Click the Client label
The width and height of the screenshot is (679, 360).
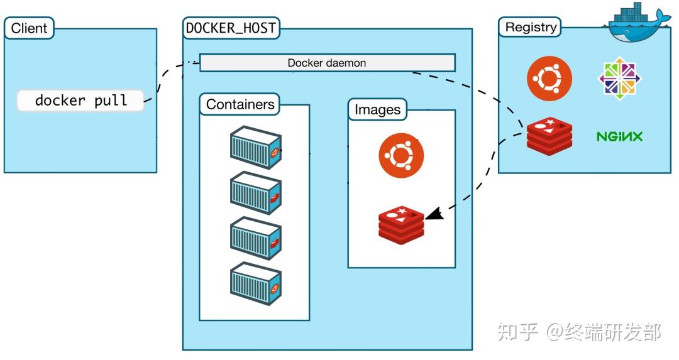point(29,28)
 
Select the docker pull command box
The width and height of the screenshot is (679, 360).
point(80,101)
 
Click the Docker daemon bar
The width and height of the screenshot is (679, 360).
point(327,63)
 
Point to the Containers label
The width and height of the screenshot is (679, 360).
point(240,104)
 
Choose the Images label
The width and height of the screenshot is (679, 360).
point(377,109)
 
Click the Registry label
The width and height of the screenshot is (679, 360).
point(531,27)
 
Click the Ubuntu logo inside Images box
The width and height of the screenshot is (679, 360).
point(401,156)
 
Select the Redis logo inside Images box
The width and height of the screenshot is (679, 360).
point(401,224)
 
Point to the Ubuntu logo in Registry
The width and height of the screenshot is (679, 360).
point(549,78)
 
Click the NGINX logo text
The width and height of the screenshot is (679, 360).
point(619,136)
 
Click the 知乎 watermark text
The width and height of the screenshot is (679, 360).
point(518,332)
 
